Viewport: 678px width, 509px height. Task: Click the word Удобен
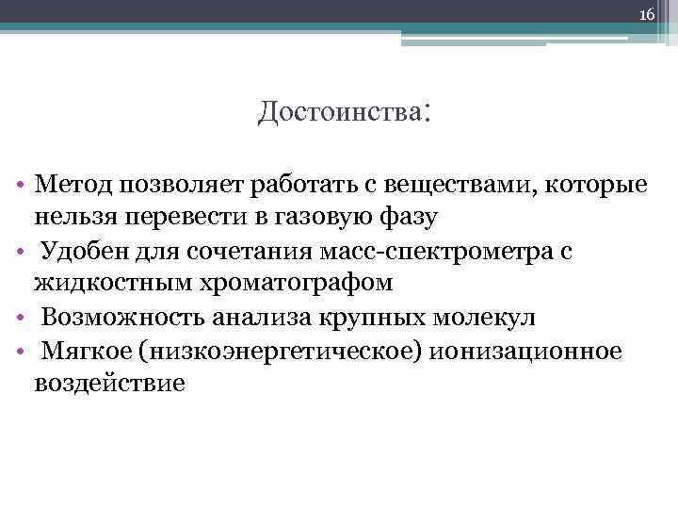(x=82, y=251)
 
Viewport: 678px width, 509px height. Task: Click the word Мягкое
(x=86, y=351)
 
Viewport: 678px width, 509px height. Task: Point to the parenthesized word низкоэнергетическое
(x=283, y=351)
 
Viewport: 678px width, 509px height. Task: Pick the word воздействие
(x=111, y=385)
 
